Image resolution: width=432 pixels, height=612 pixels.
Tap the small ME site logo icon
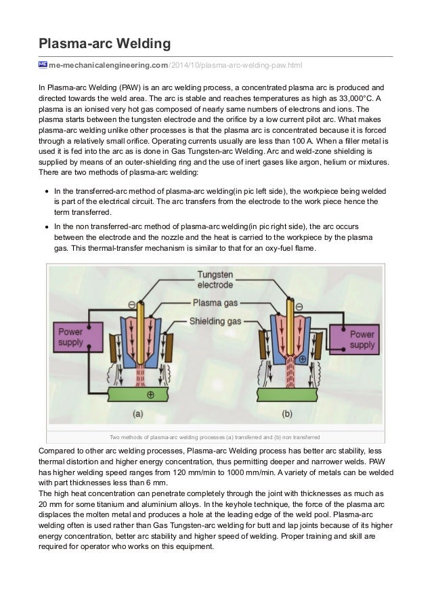point(42,64)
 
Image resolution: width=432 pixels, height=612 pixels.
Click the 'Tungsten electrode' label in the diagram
point(215,280)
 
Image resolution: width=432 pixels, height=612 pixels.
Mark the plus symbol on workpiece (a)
point(150,394)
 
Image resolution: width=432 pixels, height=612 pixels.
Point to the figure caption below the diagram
point(215,436)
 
